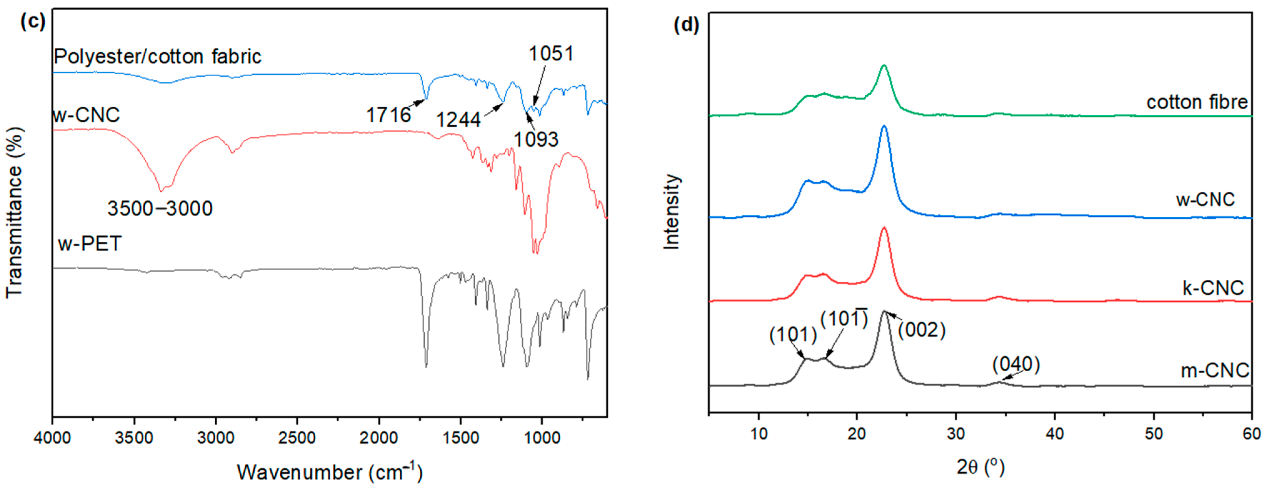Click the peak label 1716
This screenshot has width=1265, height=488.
tap(388, 115)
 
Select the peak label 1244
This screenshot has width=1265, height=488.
tap(458, 120)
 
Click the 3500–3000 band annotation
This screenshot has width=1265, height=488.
tap(160, 209)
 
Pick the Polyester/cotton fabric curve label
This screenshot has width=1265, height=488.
tap(157, 57)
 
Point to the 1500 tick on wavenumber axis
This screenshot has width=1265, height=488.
tap(460, 437)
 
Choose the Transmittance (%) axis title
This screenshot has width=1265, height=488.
tap(15, 212)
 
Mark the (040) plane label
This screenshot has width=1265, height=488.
tap(1016, 365)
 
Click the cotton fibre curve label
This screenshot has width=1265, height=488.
tap(1197, 102)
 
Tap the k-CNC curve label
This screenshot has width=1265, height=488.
tap(1212, 288)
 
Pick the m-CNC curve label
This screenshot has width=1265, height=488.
tap(1214, 370)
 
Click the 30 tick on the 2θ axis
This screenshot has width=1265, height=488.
tap(956, 434)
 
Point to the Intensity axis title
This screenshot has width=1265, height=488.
tap(671, 212)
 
